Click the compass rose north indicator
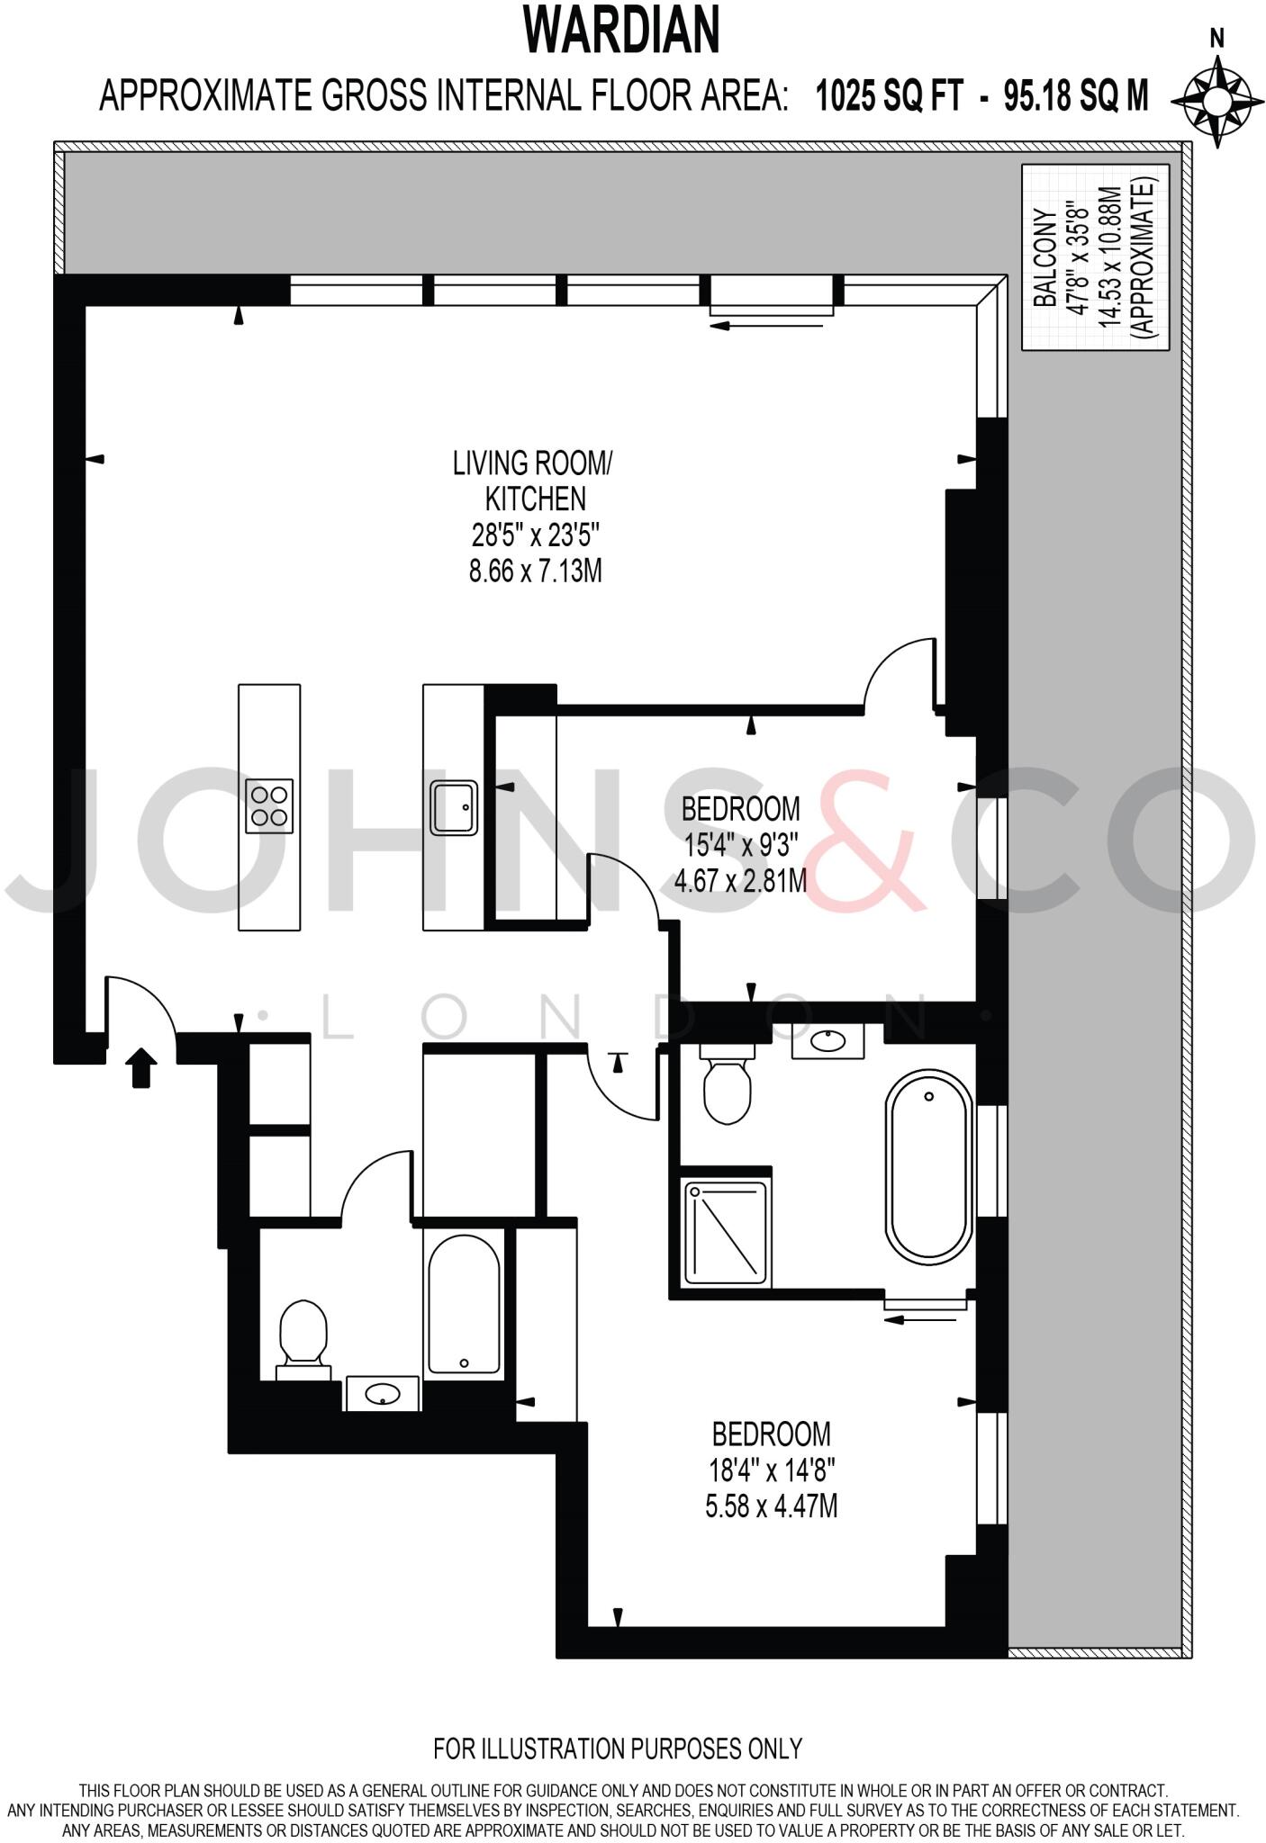[x=1217, y=38]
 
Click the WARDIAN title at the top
[x=622, y=31]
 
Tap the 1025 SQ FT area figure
[x=889, y=94]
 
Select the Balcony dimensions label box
[x=1095, y=257]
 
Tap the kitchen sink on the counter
[x=453, y=807]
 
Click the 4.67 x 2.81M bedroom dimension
[x=740, y=880]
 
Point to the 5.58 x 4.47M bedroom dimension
[x=771, y=1506]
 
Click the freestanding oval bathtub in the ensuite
[x=928, y=1164]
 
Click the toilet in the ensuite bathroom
[x=727, y=1087]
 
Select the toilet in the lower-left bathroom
[x=303, y=1337]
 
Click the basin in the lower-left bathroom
[x=383, y=1395]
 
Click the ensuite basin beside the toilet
[x=827, y=1041]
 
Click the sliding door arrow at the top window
[x=766, y=325]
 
